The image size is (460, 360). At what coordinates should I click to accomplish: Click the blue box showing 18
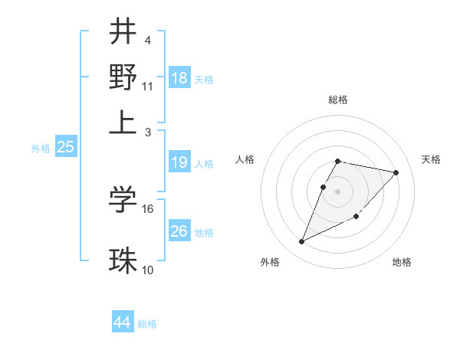[x=179, y=78]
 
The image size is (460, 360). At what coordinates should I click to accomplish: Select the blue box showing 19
[x=179, y=162]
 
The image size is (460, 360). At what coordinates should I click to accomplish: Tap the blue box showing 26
[x=179, y=231]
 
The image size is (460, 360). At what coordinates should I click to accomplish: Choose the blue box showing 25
[x=65, y=148]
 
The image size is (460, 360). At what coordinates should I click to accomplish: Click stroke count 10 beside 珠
[x=148, y=270]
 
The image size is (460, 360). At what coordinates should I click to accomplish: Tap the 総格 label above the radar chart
[x=338, y=100]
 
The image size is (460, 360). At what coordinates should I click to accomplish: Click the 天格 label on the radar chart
[x=431, y=159]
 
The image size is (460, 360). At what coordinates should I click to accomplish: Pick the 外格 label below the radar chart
[x=270, y=263]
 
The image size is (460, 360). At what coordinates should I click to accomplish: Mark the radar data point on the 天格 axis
[x=396, y=172]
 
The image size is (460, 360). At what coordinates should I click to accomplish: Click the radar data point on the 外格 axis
[x=302, y=242]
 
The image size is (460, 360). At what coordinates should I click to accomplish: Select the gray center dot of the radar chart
[x=338, y=191]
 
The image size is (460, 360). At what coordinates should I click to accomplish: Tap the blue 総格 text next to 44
[x=147, y=324]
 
